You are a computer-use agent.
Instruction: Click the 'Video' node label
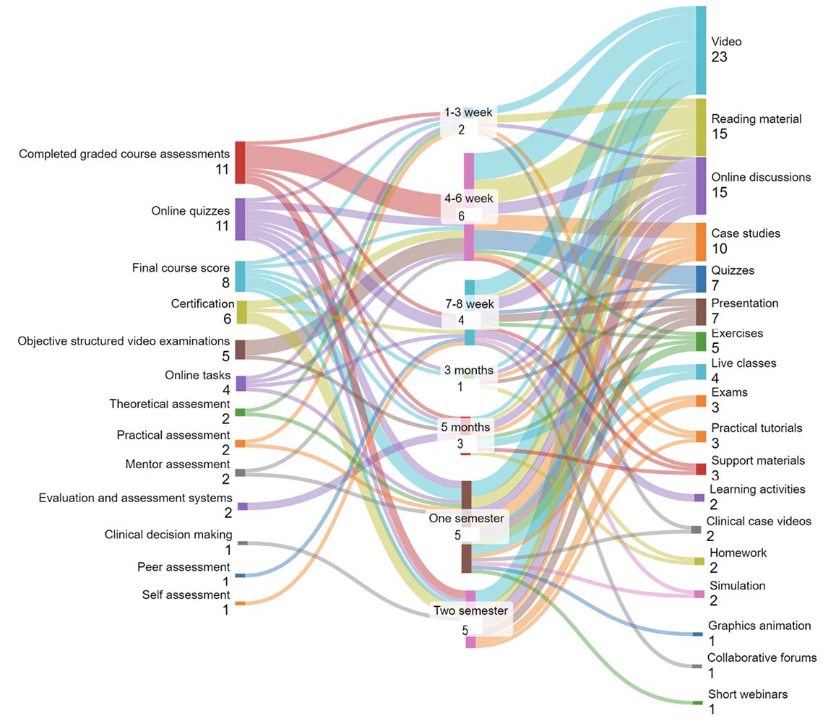click(726, 42)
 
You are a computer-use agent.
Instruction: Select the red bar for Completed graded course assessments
click(240, 163)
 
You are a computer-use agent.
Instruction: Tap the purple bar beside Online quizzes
click(240, 219)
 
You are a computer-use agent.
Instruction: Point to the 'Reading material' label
click(756, 119)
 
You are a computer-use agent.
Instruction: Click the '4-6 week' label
click(469, 198)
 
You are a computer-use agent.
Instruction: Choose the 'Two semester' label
click(470, 610)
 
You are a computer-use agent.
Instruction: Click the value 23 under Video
click(719, 58)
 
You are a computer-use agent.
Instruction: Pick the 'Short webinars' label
click(747, 694)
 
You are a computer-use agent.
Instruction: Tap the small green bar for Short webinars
click(697, 702)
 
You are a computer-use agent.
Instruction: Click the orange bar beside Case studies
click(701, 242)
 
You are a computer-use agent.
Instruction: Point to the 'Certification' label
click(202, 303)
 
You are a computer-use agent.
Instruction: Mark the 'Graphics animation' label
click(759, 626)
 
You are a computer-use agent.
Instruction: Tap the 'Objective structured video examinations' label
click(124, 341)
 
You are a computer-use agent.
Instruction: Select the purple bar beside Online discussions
click(701, 186)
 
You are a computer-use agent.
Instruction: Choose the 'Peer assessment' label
click(184, 567)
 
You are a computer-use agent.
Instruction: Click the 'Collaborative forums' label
click(762, 657)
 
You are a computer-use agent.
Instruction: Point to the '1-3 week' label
click(468, 113)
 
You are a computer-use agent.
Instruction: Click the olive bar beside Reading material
click(701, 127)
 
